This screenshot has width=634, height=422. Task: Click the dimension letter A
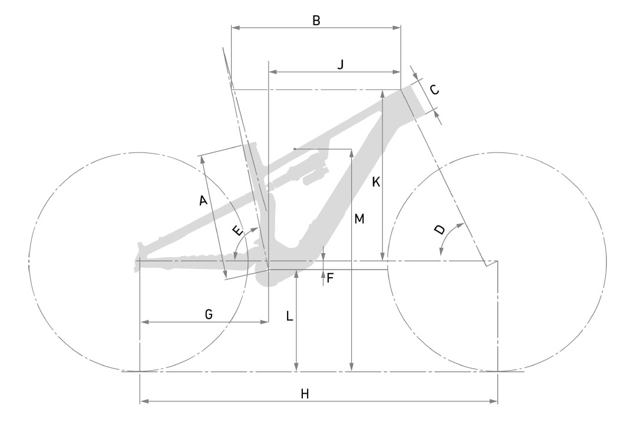(x=203, y=200)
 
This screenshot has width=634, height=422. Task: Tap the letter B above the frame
(x=316, y=21)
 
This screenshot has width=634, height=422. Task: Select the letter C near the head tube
(x=434, y=89)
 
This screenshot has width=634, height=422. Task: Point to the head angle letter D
(x=440, y=230)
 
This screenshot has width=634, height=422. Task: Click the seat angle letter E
(x=239, y=231)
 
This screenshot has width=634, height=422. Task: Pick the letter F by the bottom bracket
(x=330, y=278)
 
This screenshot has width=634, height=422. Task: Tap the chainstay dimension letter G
(x=209, y=314)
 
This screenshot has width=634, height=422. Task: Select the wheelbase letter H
(x=305, y=394)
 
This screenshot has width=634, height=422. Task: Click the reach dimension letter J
(x=341, y=64)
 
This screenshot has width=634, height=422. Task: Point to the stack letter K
(x=376, y=182)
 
